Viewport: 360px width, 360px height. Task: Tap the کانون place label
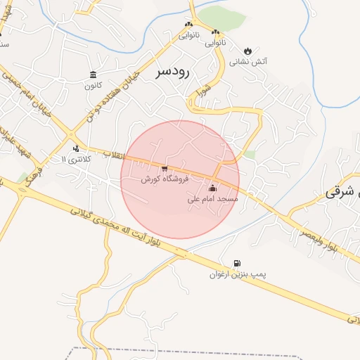(x=93, y=86)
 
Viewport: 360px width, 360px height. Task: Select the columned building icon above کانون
(x=93, y=75)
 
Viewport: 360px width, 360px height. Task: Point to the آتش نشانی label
(x=248, y=62)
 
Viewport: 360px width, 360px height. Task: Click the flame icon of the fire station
(x=248, y=51)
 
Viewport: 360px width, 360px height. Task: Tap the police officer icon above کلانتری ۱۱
(x=76, y=148)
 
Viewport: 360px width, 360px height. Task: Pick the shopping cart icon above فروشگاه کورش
(x=165, y=168)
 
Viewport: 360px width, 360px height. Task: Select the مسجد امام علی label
(x=213, y=199)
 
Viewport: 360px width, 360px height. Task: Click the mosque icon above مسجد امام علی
(x=213, y=188)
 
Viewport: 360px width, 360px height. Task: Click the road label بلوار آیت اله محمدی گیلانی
(x=127, y=231)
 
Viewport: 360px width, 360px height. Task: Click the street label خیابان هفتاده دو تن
(x=112, y=96)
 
